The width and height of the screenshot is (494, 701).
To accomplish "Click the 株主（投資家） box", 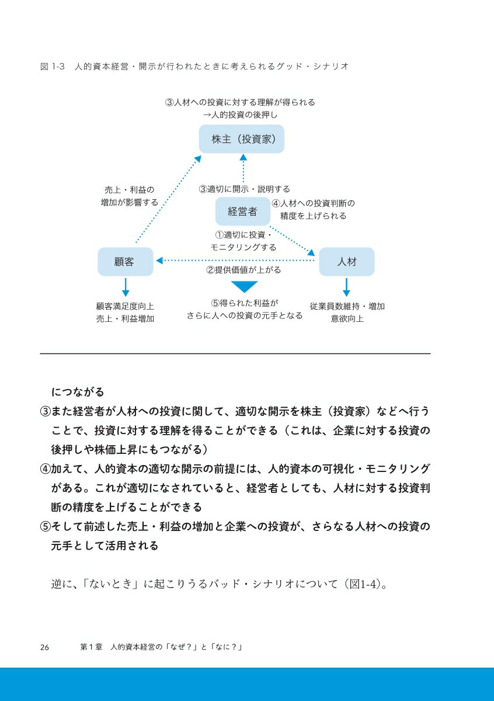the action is (242, 139).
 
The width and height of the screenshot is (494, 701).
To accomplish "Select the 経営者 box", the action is (243, 211).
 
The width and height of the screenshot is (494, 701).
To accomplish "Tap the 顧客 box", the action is (126, 262).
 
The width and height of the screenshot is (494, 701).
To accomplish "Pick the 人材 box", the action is (347, 262).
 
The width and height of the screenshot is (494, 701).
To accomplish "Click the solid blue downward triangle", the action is (244, 286).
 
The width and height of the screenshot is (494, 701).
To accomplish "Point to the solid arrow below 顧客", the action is (126, 287).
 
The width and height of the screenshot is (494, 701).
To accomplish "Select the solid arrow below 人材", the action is (346, 287).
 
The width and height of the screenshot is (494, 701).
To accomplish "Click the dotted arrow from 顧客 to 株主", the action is (168, 199).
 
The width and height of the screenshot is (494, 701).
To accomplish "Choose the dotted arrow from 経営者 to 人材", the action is (292, 241).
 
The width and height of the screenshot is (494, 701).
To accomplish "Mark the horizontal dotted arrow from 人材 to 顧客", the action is (235, 261).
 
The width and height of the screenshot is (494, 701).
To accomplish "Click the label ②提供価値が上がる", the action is (243, 270).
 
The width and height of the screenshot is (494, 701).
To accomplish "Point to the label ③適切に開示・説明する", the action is (244, 189).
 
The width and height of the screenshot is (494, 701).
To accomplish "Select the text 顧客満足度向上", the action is (125, 306).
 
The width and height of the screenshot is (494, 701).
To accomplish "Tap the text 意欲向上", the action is (347, 318).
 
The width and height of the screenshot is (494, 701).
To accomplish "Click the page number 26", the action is (44, 647).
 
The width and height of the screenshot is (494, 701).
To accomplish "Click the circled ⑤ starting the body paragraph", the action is (46, 526).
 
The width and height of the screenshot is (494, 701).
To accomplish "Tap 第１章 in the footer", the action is (91, 647).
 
